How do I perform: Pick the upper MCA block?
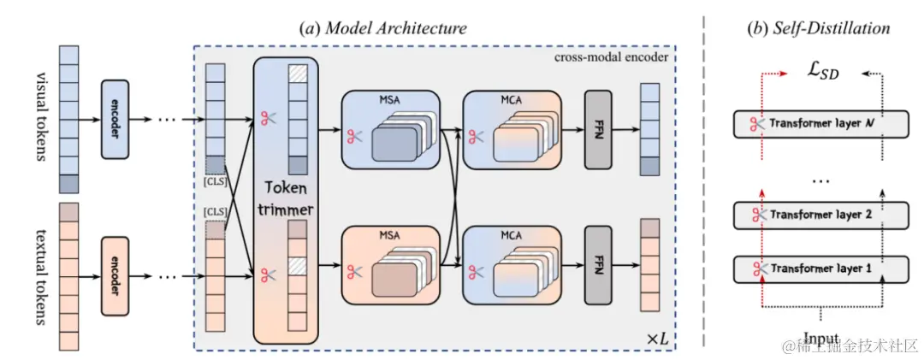(x=510, y=129)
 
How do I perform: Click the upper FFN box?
(x=599, y=129)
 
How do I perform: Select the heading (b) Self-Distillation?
(x=818, y=28)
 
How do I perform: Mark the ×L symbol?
(x=656, y=338)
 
